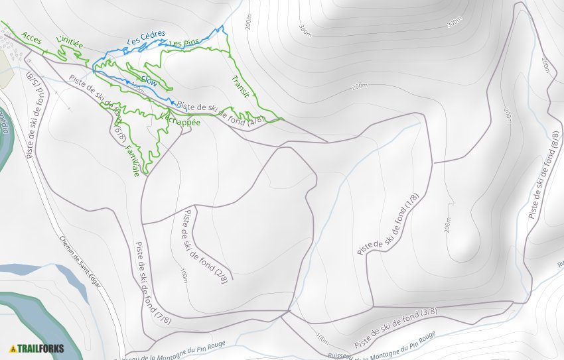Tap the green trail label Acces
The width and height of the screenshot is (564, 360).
pos(31,38)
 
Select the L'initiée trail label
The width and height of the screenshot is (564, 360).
pos(70,44)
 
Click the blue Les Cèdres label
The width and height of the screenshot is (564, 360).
pos(146,39)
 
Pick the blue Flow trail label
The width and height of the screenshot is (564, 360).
pos(149,82)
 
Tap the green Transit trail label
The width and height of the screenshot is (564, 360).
pos(240,88)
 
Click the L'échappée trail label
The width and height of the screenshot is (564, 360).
pos(180,117)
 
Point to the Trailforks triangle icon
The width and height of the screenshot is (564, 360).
pos(12,348)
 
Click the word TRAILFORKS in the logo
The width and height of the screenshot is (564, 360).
pos(38,348)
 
